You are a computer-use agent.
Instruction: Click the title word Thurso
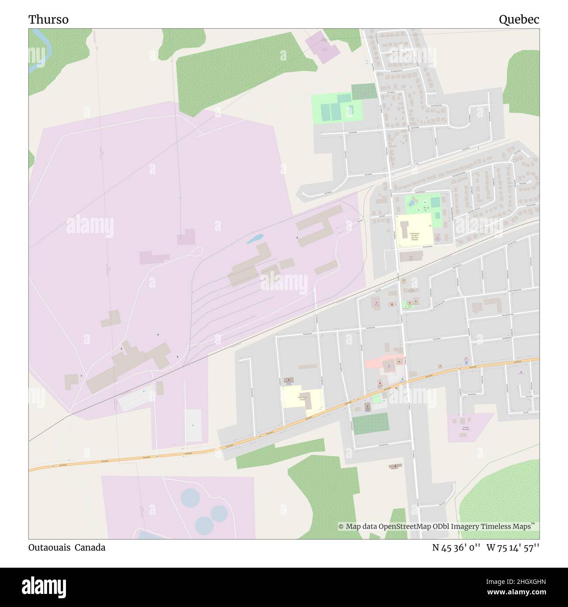point(48,20)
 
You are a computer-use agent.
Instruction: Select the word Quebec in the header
point(519,20)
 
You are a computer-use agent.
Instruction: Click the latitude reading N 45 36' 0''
point(457,548)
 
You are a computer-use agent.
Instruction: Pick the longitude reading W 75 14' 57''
point(513,548)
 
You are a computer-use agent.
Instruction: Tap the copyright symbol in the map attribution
point(341,527)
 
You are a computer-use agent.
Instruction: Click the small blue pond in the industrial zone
point(255,239)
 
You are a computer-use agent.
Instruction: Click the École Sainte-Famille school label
point(414,236)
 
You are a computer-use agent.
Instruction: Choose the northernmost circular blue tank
point(190,497)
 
